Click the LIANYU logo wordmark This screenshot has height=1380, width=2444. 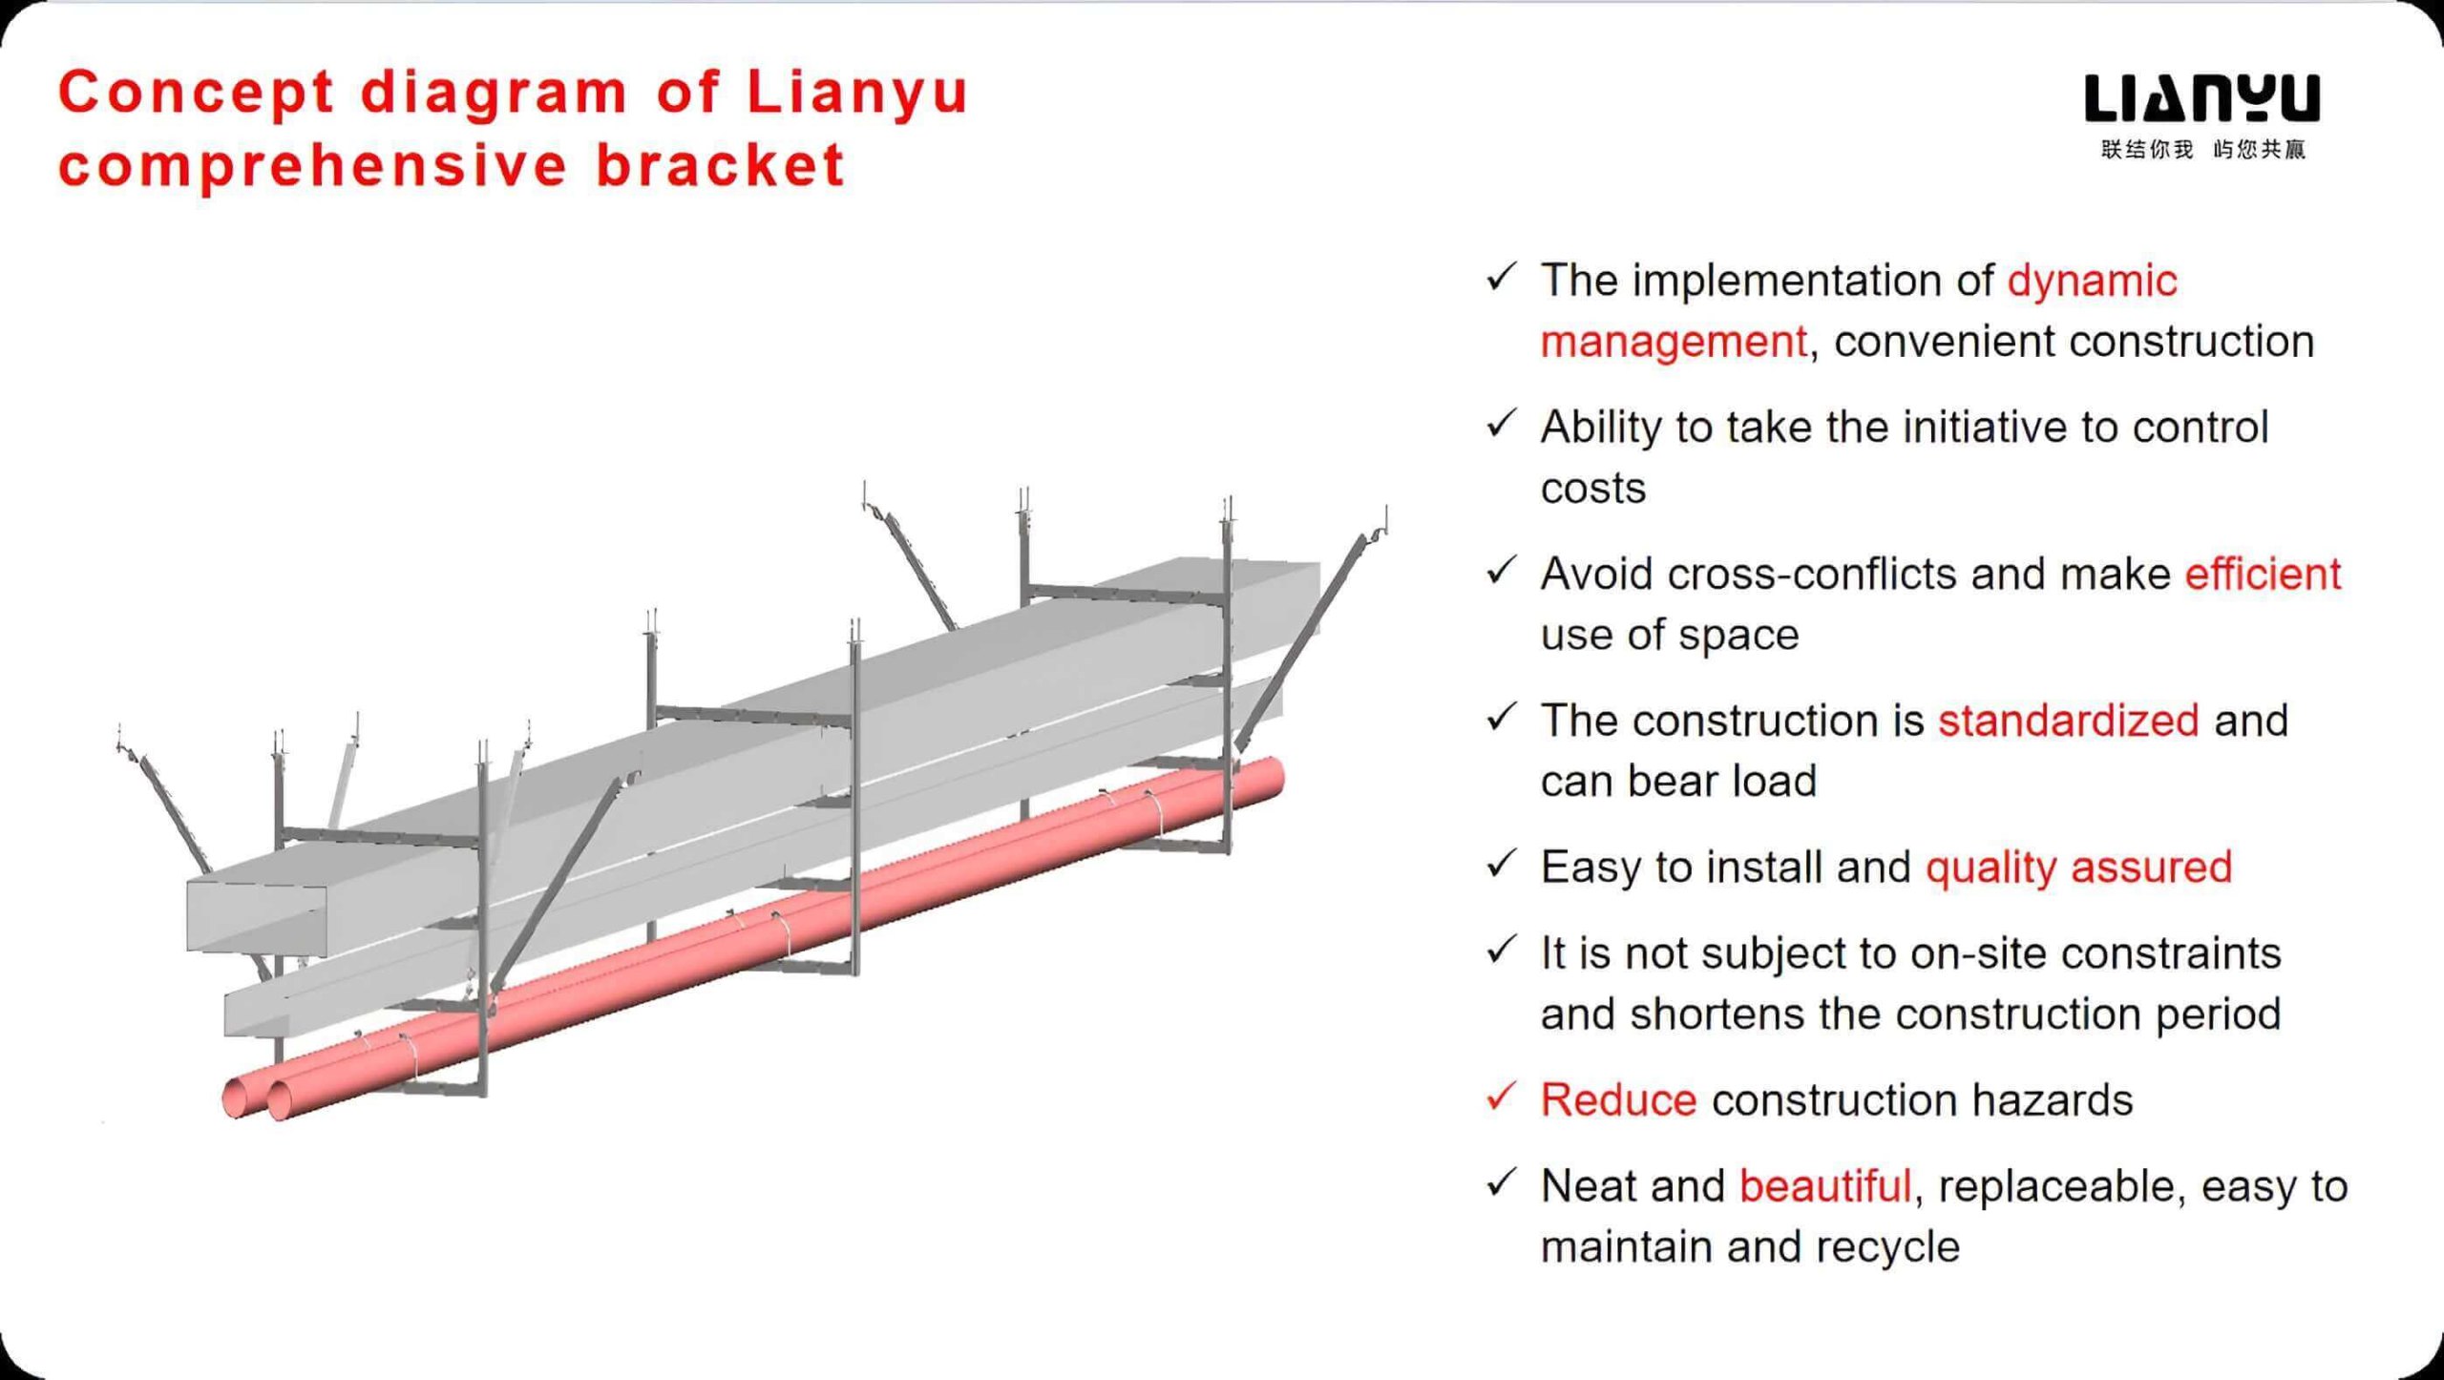[x=2202, y=99]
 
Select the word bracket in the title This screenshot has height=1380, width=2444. [x=721, y=164]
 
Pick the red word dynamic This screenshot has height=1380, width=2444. [x=2092, y=282]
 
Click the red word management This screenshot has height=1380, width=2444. [x=1674, y=343]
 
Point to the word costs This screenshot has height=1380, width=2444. [x=1593, y=489]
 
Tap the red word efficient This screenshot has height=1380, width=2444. [x=2263, y=575]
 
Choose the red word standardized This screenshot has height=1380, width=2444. [x=2068, y=721]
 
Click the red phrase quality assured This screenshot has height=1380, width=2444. [x=2078, y=868]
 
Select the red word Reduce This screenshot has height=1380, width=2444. [x=1618, y=1099]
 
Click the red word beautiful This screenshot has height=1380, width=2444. [x=1824, y=1186]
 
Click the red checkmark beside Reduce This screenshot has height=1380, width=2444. [x=1502, y=1096]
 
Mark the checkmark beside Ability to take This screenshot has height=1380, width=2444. [x=1502, y=423]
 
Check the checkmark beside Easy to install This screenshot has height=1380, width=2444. [x=1502, y=863]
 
